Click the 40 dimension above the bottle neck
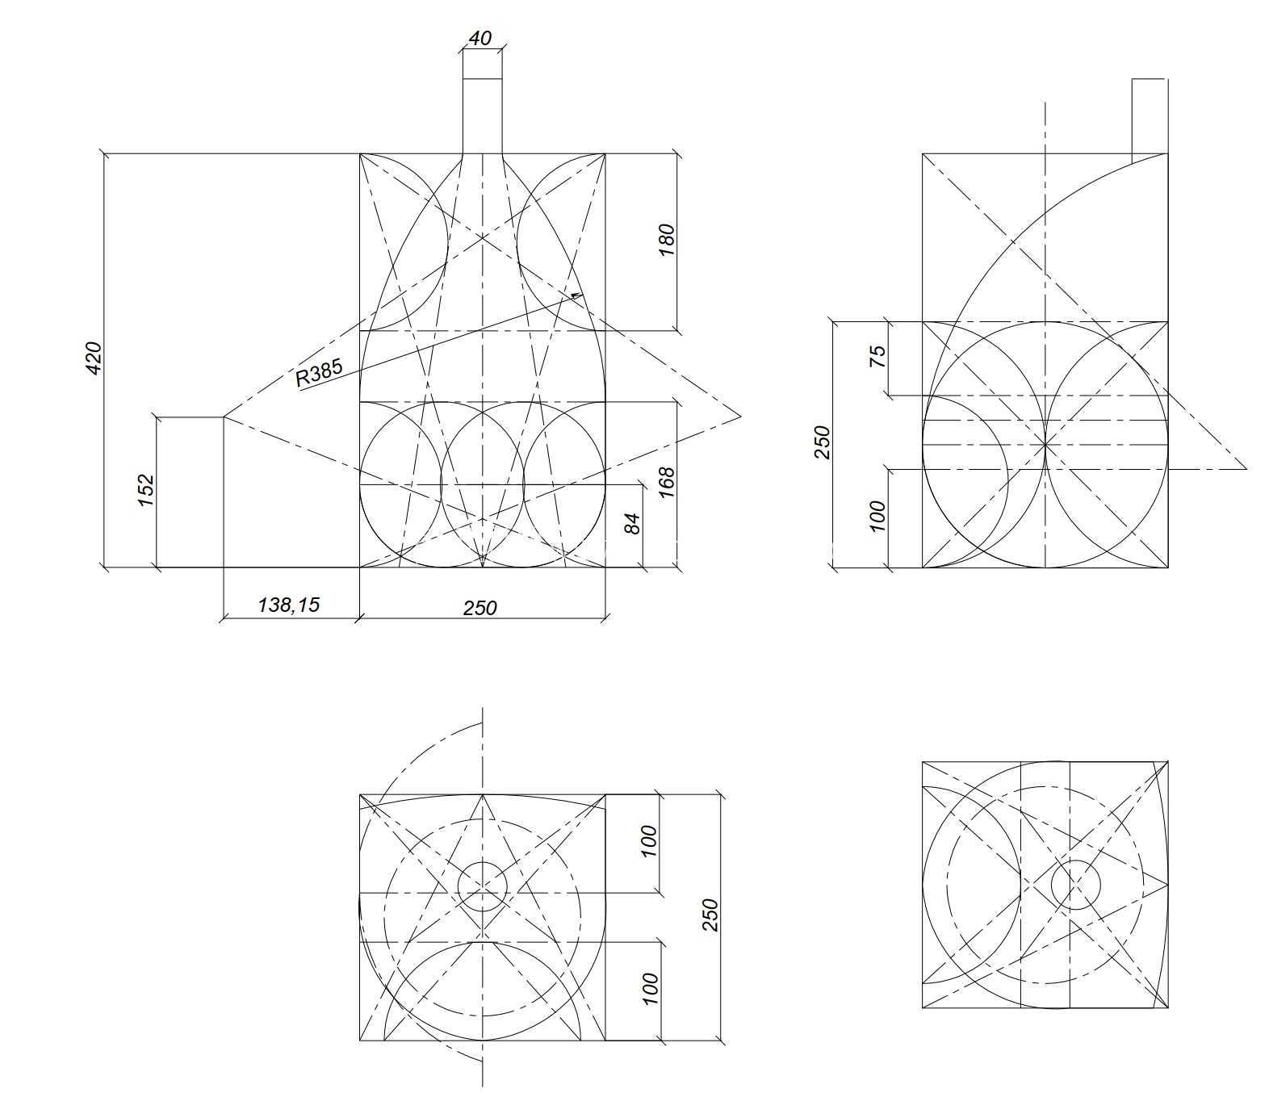click(480, 38)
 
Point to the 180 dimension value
click(666, 240)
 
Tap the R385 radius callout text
click(319, 373)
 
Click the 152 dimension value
click(146, 489)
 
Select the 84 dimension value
click(632, 522)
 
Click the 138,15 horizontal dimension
click(288, 605)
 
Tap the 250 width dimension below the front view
click(480, 608)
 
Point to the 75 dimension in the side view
click(878, 356)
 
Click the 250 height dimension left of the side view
click(822, 442)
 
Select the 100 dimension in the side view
click(878, 516)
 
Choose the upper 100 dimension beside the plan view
click(649, 841)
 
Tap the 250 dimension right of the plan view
click(710, 915)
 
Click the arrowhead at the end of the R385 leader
click(576, 296)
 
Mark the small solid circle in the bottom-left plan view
click(483, 886)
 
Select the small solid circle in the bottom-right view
click(1075, 885)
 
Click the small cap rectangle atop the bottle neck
click(483, 64)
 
